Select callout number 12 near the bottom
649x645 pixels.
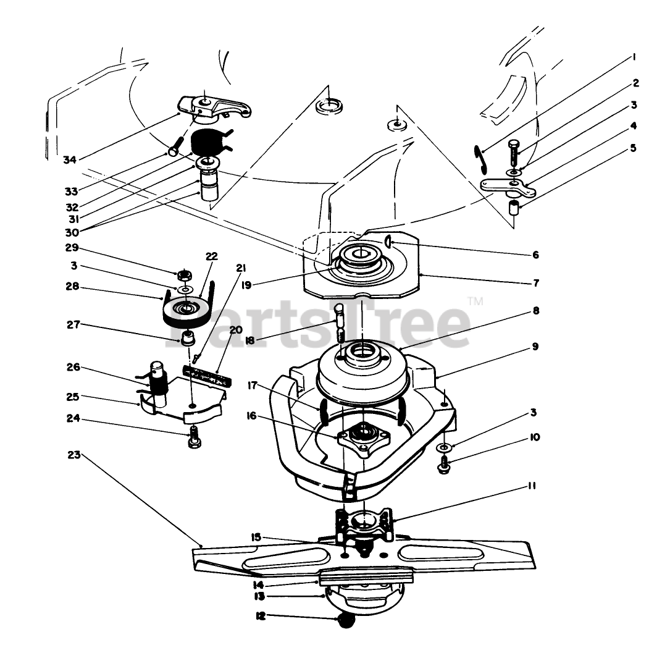click(x=261, y=616)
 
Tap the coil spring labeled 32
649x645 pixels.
click(x=208, y=143)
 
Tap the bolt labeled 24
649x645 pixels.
click(x=193, y=438)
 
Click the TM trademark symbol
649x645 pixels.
click(x=475, y=301)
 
